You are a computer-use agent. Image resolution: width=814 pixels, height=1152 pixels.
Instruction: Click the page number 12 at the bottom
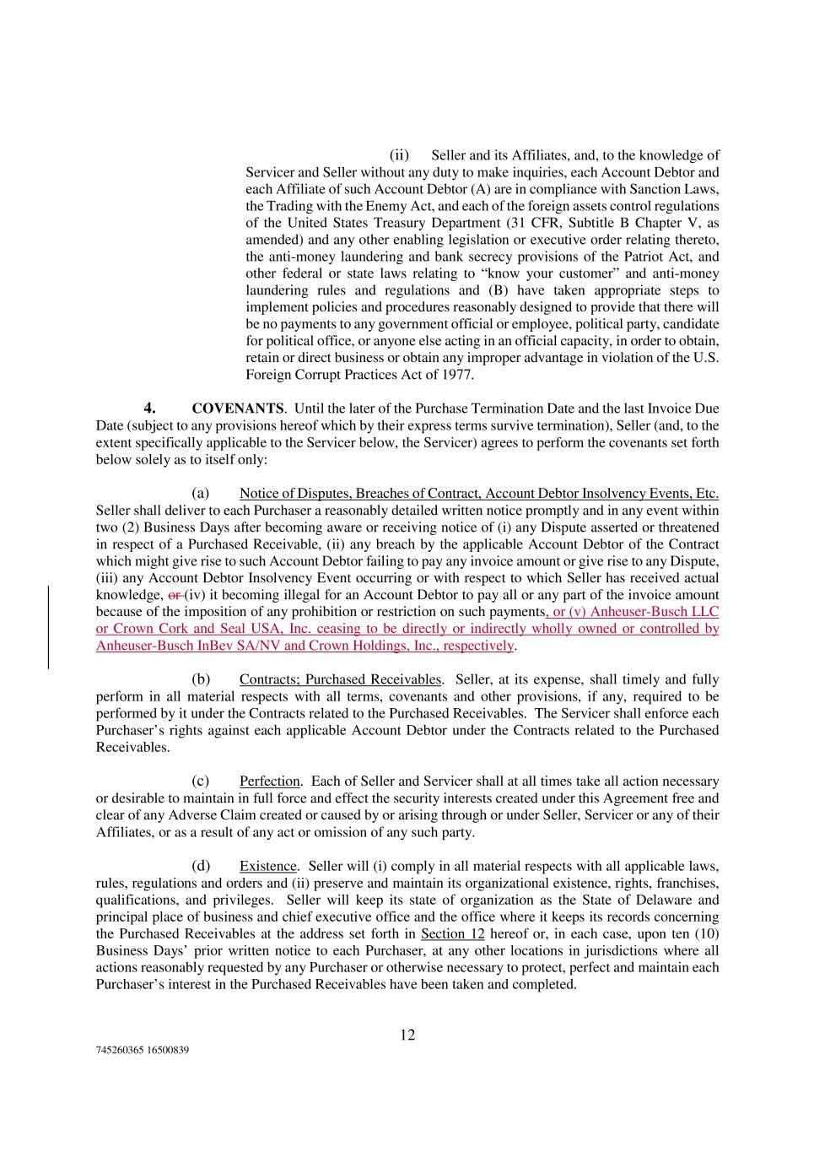[407, 1035]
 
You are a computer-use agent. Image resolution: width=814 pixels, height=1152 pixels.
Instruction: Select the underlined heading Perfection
[269, 782]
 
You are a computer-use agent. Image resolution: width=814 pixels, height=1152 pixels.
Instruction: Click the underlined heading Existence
[268, 866]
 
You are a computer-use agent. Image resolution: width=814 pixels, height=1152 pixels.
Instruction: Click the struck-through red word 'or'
[175, 595]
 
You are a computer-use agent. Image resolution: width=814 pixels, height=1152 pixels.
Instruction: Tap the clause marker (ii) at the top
[399, 155]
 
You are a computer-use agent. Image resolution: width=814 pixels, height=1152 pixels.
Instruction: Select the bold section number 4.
[149, 408]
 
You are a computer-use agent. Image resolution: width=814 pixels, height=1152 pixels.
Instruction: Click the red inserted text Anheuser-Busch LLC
[655, 612]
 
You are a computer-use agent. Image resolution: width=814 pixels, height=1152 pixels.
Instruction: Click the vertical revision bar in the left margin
[48, 627]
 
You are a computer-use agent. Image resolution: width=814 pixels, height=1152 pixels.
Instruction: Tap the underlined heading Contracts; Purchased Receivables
[340, 679]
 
